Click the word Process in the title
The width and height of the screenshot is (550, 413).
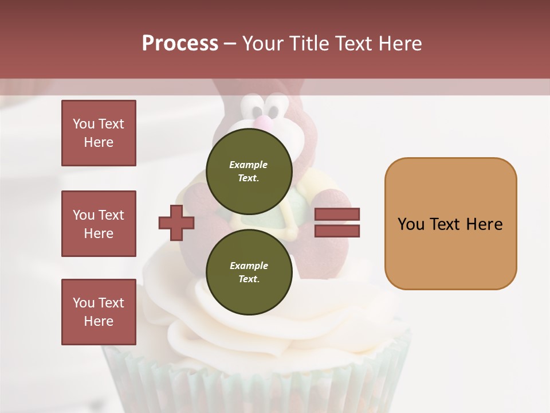(180, 44)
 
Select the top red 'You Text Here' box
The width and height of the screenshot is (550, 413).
(99, 133)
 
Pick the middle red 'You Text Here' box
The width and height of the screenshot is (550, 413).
(99, 224)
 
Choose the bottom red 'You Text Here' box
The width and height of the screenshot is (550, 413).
(99, 312)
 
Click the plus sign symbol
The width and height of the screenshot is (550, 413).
(176, 223)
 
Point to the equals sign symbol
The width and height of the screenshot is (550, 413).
(337, 223)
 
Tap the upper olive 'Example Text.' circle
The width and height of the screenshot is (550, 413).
(249, 171)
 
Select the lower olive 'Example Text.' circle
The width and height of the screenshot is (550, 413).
(249, 272)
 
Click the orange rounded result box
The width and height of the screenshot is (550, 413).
(450, 224)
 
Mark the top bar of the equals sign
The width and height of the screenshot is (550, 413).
(337, 214)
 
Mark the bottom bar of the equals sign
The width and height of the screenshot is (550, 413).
(337, 231)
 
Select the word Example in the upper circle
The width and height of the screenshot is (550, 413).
(249, 165)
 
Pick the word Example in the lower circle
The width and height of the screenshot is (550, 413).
(249, 266)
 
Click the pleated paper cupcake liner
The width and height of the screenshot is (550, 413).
(258, 379)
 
